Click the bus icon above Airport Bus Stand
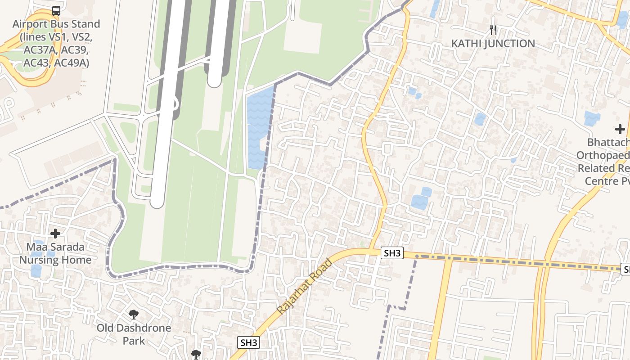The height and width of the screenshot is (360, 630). (56, 11)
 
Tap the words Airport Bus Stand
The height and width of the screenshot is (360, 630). (56, 24)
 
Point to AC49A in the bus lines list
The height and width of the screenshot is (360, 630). (72, 63)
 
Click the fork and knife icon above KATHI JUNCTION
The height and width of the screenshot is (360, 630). (494, 30)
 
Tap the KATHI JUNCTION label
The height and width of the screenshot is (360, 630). (493, 44)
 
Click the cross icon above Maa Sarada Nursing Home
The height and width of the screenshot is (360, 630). (55, 234)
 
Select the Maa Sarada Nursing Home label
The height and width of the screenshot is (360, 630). (55, 253)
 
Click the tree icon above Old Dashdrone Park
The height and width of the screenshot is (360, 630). (133, 314)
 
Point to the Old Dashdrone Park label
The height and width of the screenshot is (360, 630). (134, 334)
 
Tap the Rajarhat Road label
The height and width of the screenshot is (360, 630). (305, 287)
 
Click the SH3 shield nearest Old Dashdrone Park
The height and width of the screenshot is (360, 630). (248, 342)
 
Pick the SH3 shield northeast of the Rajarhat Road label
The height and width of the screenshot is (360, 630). (392, 253)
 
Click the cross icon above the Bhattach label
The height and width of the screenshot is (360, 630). (620, 130)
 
